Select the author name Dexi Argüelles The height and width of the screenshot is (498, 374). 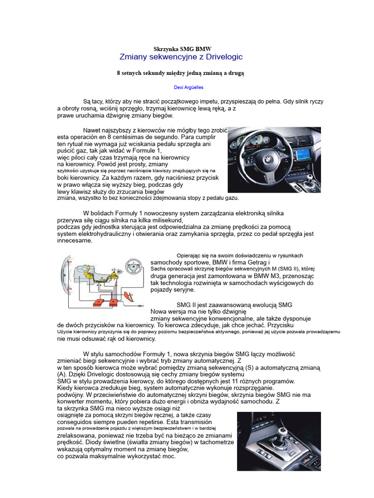pyautogui.click(x=188, y=88)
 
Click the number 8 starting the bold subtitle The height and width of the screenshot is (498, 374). pyautogui.click(x=118, y=73)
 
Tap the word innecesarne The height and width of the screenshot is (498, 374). pyautogui.click(x=75, y=241)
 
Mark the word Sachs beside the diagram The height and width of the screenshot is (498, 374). pyautogui.click(x=158, y=268)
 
